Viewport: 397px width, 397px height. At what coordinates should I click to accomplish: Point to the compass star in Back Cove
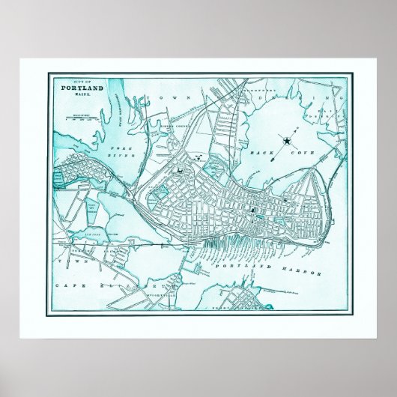pyautogui.click(x=287, y=139)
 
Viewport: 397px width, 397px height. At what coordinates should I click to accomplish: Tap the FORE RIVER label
pyautogui.click(x=121, y=153)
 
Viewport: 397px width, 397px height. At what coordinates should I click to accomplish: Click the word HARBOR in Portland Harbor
pyautogui.click(x=306, y=270)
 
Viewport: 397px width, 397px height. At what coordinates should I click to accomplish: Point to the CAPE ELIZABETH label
pyautogui.click(x=101, y=285)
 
